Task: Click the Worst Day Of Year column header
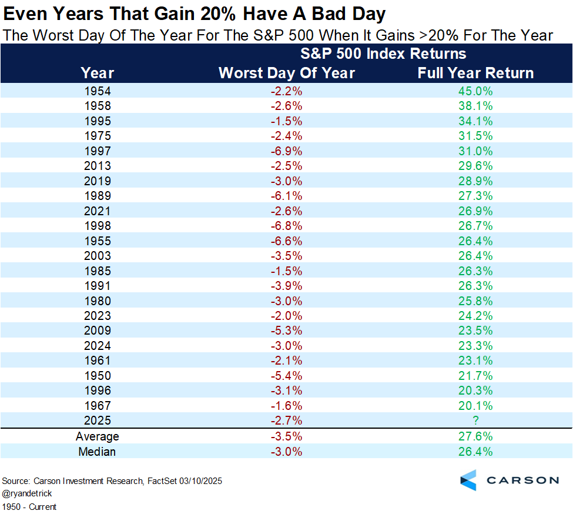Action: pos(287,73)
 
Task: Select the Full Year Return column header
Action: pos(475,73)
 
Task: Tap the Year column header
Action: pos(98,73)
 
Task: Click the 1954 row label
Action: pos(98,91)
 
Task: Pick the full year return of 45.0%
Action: pos(475,91)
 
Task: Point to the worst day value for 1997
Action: pos(287,151)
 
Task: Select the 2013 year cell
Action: pos(98,166)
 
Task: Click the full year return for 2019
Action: pos(475,181)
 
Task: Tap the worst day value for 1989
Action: pos(287,196)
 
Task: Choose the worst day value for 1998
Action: pos(287,226)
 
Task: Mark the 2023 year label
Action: pos(98,316)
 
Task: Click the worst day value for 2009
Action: pos(287,331)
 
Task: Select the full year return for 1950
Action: pos(475,376)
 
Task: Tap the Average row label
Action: pos(98,436)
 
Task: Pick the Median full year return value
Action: pos(475,452)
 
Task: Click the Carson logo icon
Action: pos(469,480)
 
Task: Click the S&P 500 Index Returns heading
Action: pos(383,54)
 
